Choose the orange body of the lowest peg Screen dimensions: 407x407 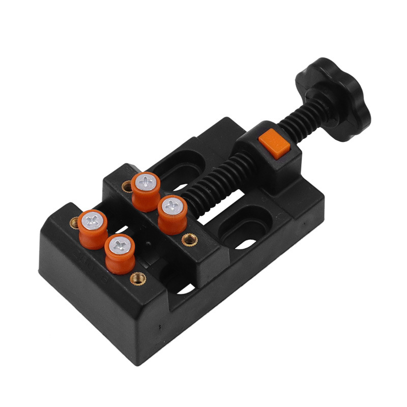120,259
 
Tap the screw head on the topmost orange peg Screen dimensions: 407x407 146,180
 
